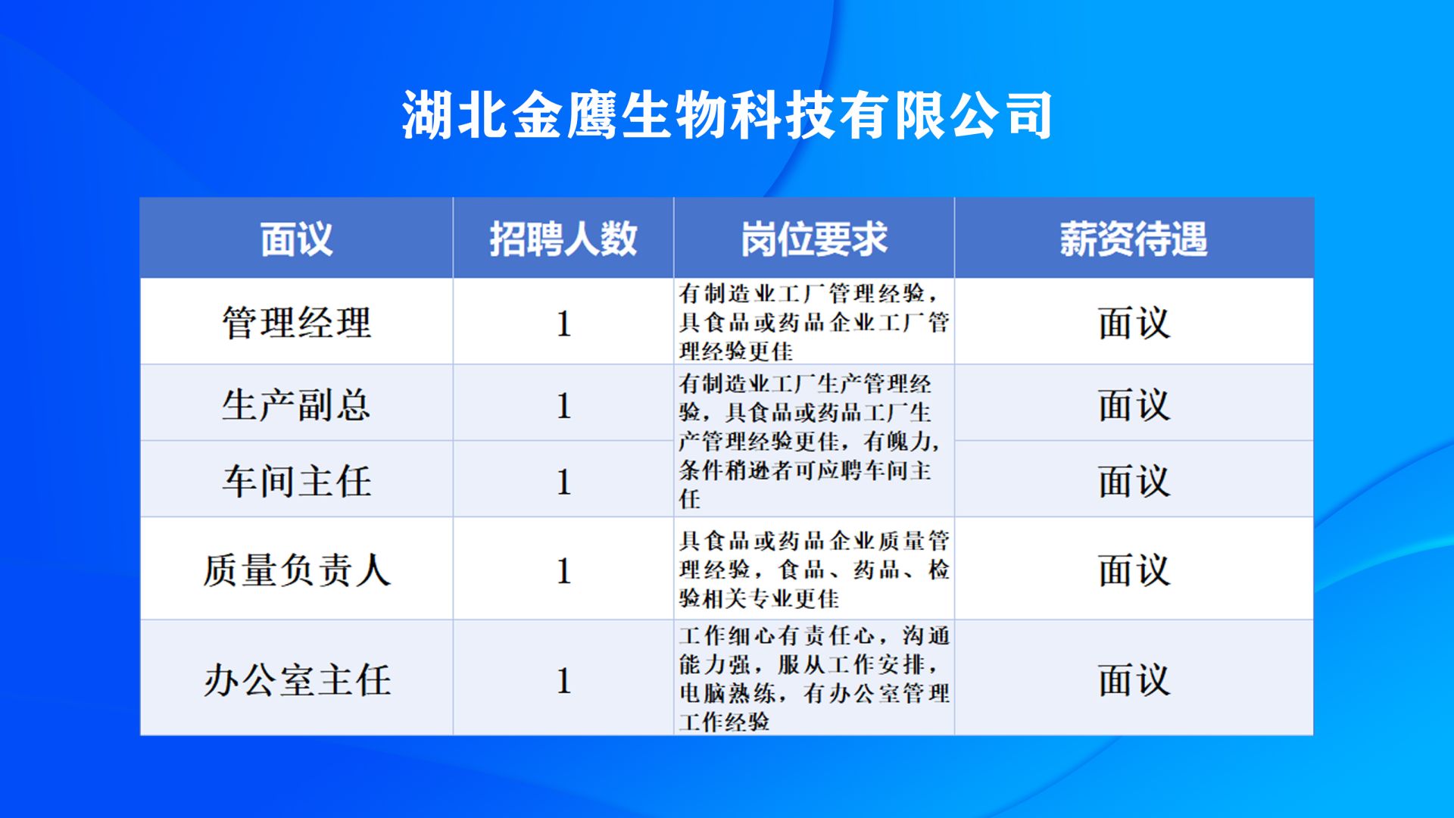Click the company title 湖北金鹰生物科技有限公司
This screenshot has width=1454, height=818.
pos(727,115)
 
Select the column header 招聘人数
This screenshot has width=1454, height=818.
pos(563,239)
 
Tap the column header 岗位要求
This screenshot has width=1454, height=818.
pos(814,239)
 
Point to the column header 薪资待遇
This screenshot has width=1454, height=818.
pos(1134,239)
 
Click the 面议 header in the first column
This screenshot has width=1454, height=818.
pos(296,239)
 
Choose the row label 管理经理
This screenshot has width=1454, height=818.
pos(296,323)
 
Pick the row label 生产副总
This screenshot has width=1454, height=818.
pos(296,404)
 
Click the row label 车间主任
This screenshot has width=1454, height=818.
pos(296,481)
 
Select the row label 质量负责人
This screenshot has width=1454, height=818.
pos(296,570)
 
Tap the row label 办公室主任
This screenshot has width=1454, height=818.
pos(296,679)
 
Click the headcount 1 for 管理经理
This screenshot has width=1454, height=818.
pos(563,323)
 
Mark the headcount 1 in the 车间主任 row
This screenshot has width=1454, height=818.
pos(563,482)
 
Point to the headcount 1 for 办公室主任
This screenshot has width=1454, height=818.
pos(563,680)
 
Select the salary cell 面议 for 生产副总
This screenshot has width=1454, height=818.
pos(1134,404)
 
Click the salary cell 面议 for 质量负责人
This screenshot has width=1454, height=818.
pos(1134,570)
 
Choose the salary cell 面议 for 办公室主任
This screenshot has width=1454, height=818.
pos(1134,679)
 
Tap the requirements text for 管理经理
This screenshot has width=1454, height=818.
pos(814,322)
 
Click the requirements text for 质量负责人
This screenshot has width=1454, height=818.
pos(814,570)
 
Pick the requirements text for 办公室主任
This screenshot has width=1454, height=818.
pos(814,678)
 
